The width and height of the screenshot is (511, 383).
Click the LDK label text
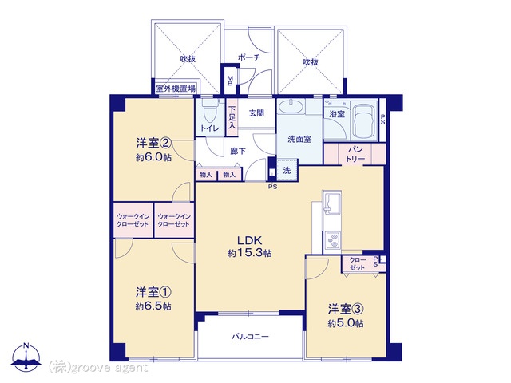click(249, 241)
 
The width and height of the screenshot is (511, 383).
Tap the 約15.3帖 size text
click(250, 253)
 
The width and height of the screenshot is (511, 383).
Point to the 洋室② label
click(153, 143)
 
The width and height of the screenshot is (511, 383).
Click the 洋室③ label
click(346, 309)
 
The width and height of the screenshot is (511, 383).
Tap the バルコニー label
click(250, 337)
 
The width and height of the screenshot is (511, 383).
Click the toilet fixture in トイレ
click(210, 111)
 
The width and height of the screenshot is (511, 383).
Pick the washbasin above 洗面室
click(291, 107)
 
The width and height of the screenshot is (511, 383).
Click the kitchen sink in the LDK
click(331, 202)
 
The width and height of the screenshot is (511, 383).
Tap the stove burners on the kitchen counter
click(332, 241)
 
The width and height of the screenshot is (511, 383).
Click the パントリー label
click(355, 154)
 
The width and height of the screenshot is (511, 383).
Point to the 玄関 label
click(256, 113)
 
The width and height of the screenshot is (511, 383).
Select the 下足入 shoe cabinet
click(232, 117)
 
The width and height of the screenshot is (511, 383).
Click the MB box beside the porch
click(230, 81)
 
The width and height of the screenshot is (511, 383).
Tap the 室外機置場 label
click(176, 89)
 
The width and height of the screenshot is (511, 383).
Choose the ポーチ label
click(249, 58)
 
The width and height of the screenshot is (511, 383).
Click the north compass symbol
click(26, 357)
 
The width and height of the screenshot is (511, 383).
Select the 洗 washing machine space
click(287, 170)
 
